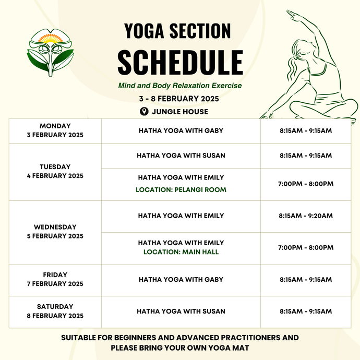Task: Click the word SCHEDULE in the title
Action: [x=180, y=62]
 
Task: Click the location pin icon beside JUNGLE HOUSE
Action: [x=144, y=112]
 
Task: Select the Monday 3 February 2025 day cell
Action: [x=55, y=130]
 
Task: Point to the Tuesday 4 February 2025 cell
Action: [x=55, y=171]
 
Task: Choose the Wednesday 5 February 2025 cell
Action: [x=55, y=232]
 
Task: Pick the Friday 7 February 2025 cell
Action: [x=55, y=280]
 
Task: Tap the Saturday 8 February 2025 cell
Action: [x=55, y=311]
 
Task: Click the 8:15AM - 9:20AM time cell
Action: [x=306, y=216]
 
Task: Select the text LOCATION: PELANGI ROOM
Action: [x=181, y=190]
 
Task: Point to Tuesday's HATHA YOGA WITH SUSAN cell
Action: [x=181, y=155]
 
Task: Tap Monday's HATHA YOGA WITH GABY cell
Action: [x=181, y=130]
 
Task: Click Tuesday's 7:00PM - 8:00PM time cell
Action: [x=306, y=184]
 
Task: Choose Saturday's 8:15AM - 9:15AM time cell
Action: [x=306, y=311]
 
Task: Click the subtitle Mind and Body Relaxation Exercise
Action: [x=179, y=86]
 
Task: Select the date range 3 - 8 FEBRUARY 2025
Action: [x=179, y=99]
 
